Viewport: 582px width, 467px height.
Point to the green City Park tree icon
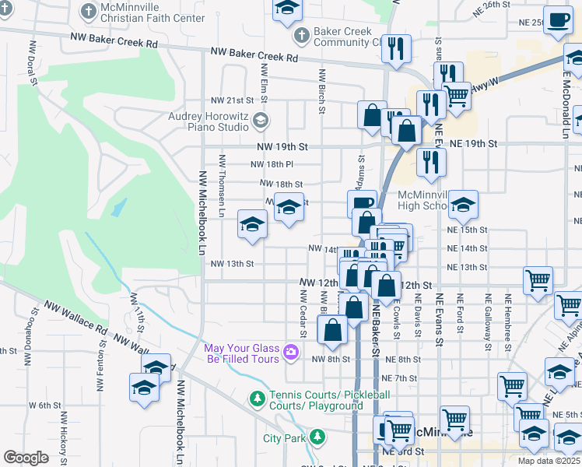click(x=317, y=437)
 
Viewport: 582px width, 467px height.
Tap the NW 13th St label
click(x=233, y=264)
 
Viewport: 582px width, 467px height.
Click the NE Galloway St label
click(x=488, y=314)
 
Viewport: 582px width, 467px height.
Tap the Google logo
click(x=26, y=458)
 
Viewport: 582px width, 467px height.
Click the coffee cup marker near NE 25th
click(x=557, y=21)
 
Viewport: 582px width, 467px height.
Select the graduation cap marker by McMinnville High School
click(x=463, y=204)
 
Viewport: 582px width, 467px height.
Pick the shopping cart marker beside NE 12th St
click(x=538, y=281)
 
